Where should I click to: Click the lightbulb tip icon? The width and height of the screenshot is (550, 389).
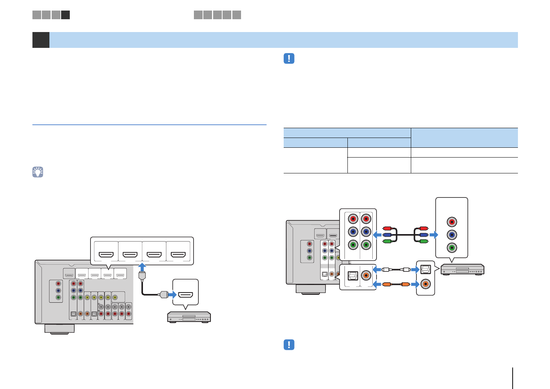tap(38, 172)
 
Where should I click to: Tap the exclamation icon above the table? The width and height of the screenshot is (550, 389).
tap(289, 58)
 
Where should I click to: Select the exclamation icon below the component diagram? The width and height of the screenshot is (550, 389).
tap(289, 345)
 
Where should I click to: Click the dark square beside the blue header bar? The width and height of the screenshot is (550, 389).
tap(41, 40)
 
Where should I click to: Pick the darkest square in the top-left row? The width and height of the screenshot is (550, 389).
tap(66, 15)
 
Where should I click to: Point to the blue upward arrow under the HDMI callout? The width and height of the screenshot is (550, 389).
tap(142, 268)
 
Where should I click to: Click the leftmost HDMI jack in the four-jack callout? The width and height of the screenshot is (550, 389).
tap(106, 255)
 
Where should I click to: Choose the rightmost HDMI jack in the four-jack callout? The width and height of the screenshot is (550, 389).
tap(178, 255)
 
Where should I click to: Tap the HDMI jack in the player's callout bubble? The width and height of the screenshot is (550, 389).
tap(185, 295)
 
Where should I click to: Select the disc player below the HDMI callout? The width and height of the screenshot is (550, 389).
tap(189, 317)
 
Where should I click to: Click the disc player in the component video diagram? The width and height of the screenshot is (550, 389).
tap(462, 270)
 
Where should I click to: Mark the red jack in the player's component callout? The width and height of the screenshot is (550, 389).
tap(452, 222)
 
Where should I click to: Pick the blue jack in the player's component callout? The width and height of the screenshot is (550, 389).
tap(452, 235)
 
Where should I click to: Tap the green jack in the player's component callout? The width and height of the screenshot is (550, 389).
tap(452, 248)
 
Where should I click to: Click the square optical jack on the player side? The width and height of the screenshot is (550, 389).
tap(426, 270)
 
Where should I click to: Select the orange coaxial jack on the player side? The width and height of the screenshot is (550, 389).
tap(426, 283)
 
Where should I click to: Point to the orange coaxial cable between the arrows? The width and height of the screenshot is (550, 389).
tap(396, 284)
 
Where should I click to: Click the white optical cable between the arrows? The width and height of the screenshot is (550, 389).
tap(396, 270)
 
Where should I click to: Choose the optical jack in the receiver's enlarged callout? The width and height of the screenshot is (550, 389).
tap(353, 276)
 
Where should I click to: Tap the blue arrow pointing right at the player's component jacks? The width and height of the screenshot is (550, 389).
tap(434, 235)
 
